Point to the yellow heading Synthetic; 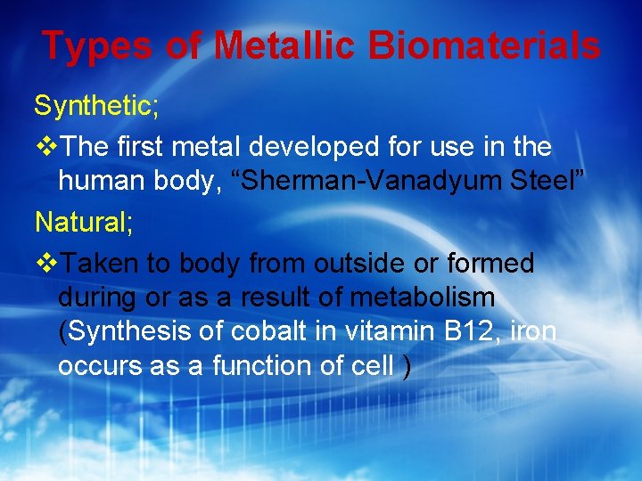[x=96, y=106]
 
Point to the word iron [x=536, y=332]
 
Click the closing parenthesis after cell [x=407, y=367]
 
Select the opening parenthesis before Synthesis [x=62, y=332]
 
